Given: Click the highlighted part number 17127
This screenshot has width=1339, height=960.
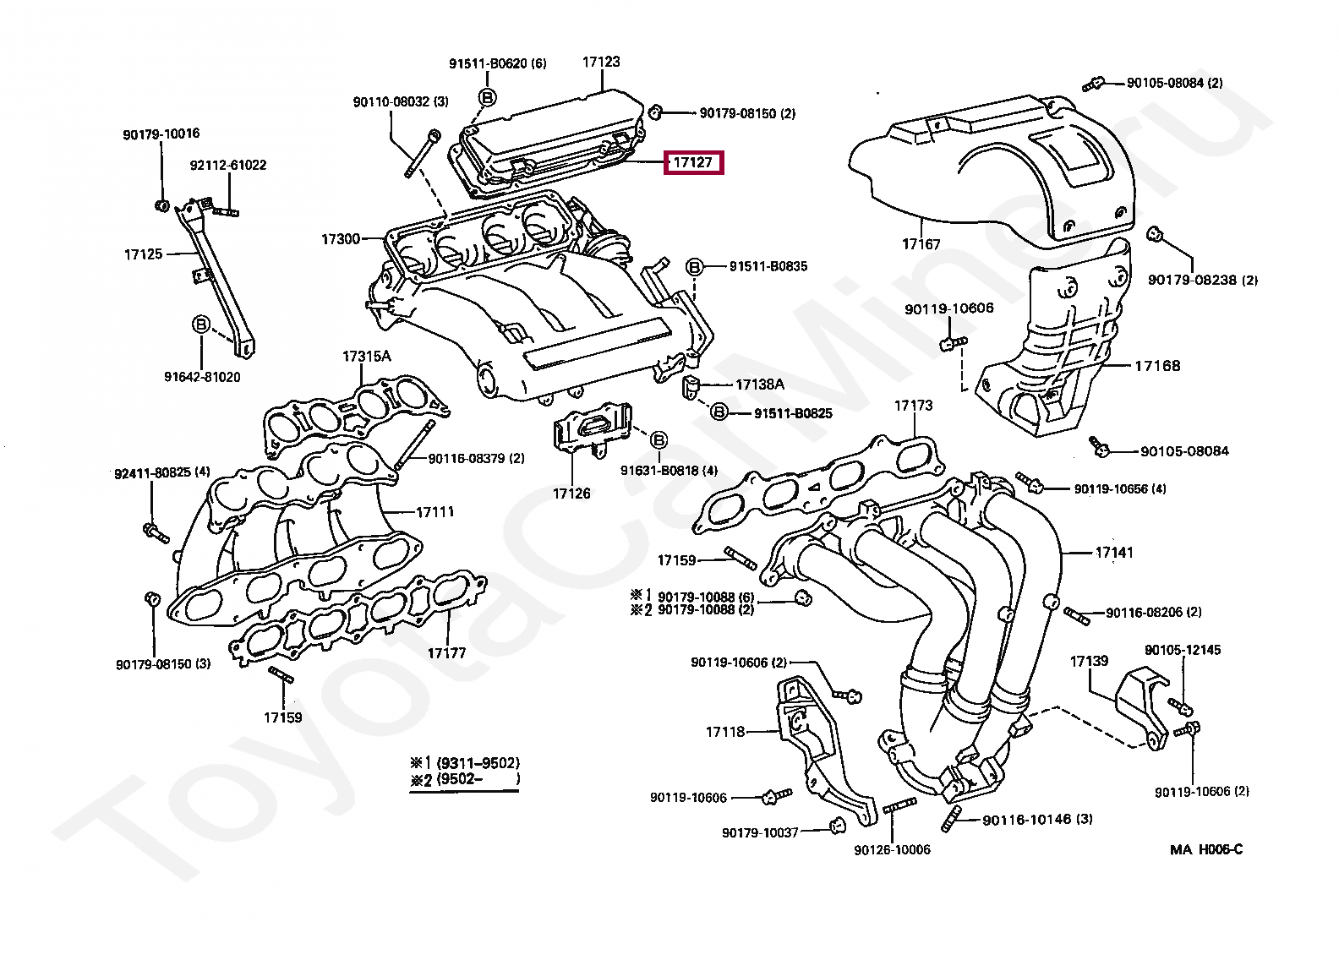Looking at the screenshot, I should tap(693, 162).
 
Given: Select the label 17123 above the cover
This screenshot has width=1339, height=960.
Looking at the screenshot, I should tap(601, 62).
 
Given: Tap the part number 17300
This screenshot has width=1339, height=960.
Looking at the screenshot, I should tap(341, 239).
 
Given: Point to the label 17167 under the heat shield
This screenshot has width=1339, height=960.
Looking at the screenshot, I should tap(921, 244).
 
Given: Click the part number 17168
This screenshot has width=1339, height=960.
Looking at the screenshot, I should tap(1157, 366).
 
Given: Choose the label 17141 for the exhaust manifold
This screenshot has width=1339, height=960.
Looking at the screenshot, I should tap(1114, 553).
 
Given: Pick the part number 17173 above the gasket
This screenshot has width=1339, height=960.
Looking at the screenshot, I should tap(913, 406).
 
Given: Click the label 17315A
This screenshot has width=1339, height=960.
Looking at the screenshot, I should tap(366, 357).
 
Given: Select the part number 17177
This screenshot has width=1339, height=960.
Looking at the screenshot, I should tap(446, 653).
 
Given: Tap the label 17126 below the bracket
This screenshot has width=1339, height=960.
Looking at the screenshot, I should tap(571, 494).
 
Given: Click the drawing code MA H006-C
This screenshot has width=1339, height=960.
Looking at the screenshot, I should tap(1206, 850).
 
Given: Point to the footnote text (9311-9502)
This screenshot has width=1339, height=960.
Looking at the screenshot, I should tap(478, 763).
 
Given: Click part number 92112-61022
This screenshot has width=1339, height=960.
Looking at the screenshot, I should tap(228, 166).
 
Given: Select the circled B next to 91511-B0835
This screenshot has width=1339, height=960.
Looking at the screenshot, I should tap(694, 267).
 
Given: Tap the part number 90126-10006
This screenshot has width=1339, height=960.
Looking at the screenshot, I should tap(892, 850).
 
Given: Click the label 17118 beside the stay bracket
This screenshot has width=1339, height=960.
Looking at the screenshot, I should tap(725, 732).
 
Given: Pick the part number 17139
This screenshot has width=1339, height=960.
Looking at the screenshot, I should tap(1089, 661).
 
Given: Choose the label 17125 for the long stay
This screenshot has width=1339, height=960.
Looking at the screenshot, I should tap(143, 254).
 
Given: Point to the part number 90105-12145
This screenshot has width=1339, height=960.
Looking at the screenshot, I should tap(1183, 650).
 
